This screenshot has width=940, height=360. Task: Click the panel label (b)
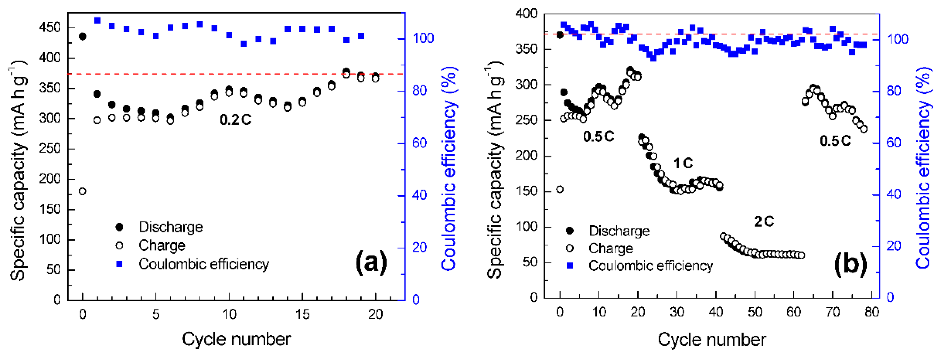coord(850,264)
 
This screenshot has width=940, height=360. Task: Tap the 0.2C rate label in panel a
coord(235,120)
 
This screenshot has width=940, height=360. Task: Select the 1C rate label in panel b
coord(683,163)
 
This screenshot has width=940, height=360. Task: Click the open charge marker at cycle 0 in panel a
coord(83,191)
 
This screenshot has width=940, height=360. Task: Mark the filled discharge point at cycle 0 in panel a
coord(83,36)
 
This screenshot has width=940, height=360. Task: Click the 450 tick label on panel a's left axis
coord(50,28)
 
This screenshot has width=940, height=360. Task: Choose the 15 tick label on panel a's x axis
coord(302,314)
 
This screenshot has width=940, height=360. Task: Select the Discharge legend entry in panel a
coord(170,227)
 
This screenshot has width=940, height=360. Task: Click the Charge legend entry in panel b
coord(611,248)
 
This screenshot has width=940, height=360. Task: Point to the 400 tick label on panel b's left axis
coord(526,14)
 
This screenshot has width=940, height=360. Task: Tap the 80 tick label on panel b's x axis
coord(871,312)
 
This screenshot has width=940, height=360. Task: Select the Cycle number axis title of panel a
coord(236,339)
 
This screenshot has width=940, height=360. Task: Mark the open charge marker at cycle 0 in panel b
coord(560,189)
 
